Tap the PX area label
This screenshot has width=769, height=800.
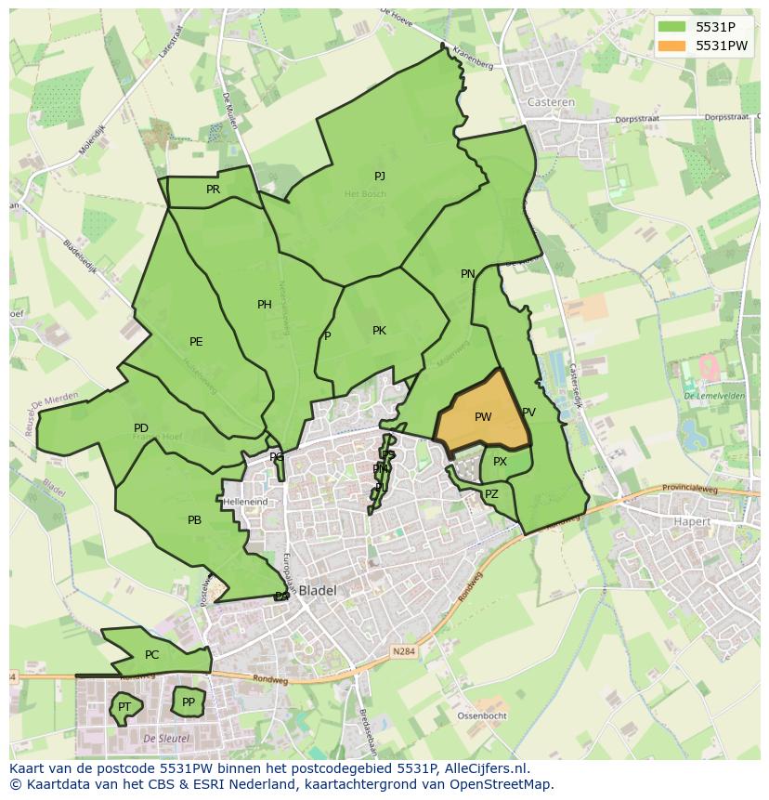pos(500,462)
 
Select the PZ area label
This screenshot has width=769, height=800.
pos(491,494)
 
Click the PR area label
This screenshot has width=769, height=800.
pos(213,190)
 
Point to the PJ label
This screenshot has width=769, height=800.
pos(379,177)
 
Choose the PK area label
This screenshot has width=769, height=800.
pos(379,331)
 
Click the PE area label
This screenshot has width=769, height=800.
pos(196,342)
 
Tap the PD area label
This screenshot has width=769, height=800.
pos(141,428)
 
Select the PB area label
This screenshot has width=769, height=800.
pos(194,520)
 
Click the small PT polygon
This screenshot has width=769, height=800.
pos(124,707)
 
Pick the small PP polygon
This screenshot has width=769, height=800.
pos(189,702)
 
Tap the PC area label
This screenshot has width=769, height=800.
pos(152,655)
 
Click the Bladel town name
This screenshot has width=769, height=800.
pos(317,590)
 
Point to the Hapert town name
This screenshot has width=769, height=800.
pos(692,522)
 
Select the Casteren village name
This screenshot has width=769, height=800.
pos(551,102)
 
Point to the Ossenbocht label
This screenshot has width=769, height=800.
pos(482,716)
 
